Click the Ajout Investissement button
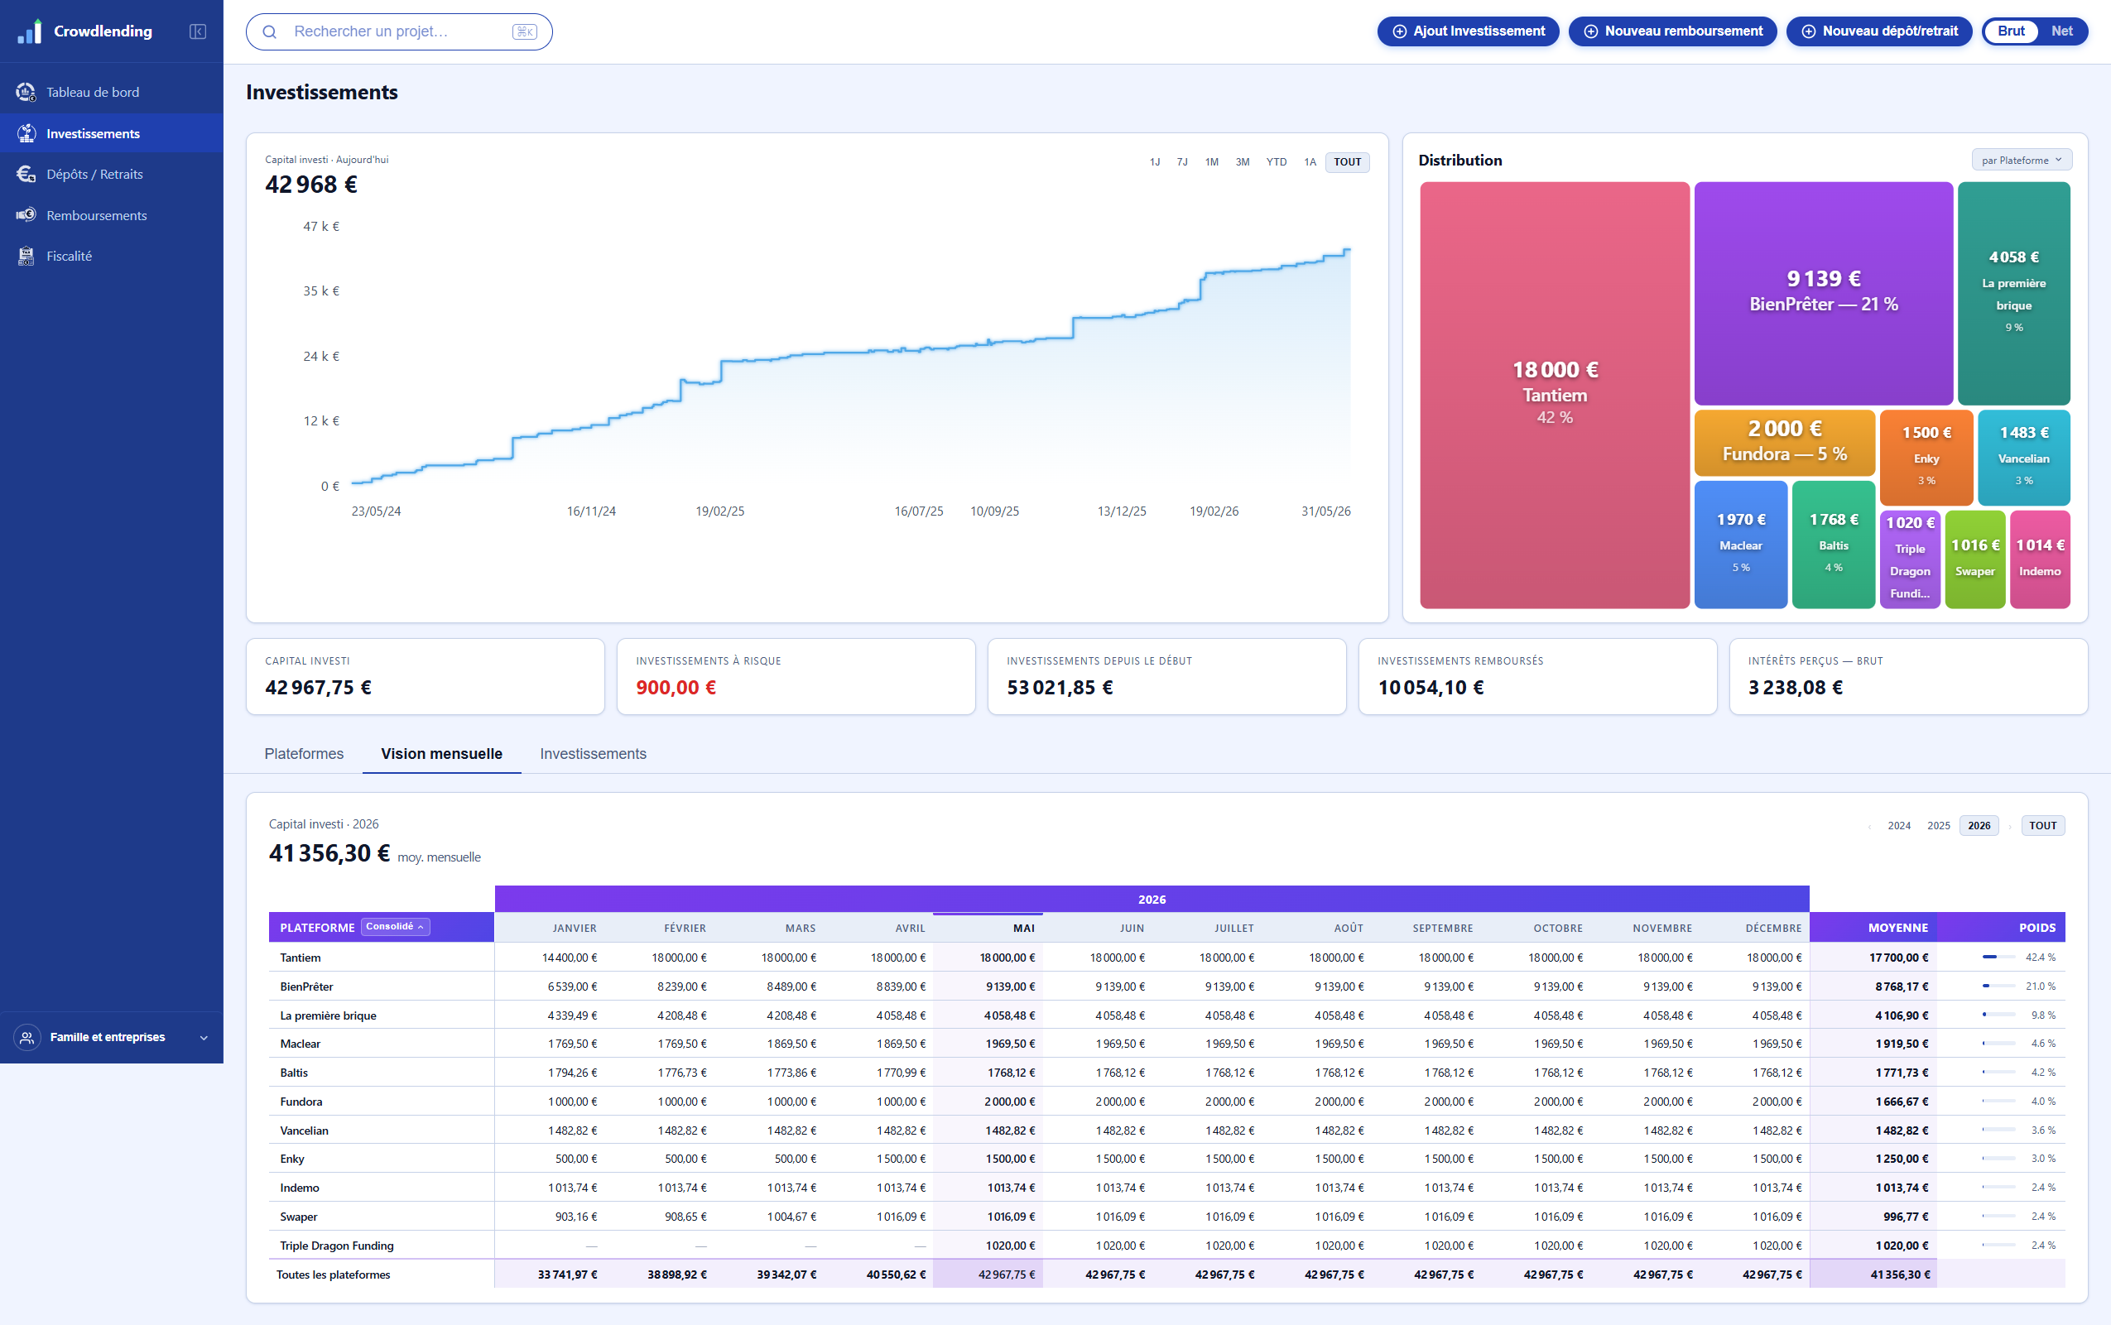[1468, 31]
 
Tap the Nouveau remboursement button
[1672, 31]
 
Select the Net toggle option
[2061, 31]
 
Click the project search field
[399, 31]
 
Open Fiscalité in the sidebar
[69, 256]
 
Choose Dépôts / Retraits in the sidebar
[94, 175]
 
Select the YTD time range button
[1276, 162]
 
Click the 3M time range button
[1242, 162]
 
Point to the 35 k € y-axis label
[320, 291]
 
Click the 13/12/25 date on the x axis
[1122, 511]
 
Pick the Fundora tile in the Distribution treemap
[1784, 443]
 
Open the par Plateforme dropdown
[2021, 161]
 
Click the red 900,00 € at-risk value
[676, 688]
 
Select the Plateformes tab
[303, 754]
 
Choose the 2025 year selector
[1938, 825]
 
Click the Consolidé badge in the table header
[394, 927]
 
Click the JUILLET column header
[1233, 928]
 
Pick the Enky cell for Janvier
[575, 1159]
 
